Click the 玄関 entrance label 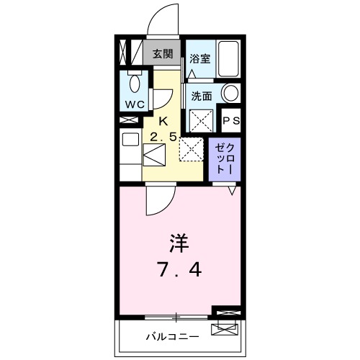[x=163, y=53]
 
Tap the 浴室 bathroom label [x=199, y=60]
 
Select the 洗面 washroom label [x=201, y=96]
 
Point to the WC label [x=135, y=104]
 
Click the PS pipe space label [x=230, y=120]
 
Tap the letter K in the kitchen [x=163, y=121]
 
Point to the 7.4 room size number [x=180, y=270]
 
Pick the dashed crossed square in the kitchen [x=192, y=149]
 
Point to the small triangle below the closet [x=232, y=190]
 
